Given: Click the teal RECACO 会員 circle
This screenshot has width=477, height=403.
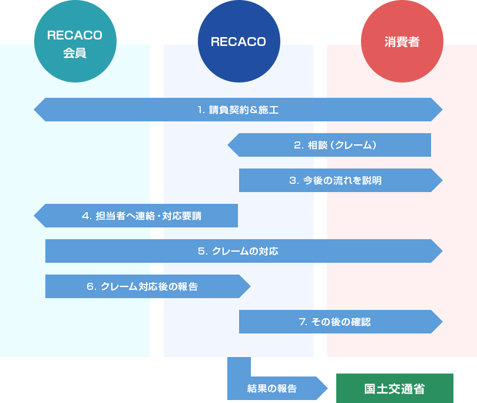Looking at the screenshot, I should pyautogui.click(x=75, y=42).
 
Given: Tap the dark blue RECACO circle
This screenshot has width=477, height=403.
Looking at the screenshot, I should pyautogui.click(x=238, y=42).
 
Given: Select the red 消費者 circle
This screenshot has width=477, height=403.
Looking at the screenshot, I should pyautogui.click(x=402, y=42).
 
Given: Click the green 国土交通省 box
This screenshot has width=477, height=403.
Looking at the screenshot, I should pyautogui.click(x=395, y=388).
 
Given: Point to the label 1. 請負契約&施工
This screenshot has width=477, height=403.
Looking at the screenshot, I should pyautogui.click(x=238, y=110).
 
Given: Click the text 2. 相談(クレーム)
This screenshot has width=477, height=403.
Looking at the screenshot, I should pyautogui.click(x=334, y=145).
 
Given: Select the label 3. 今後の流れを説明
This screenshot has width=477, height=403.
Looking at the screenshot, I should pyautogui.click(x=335, y=180).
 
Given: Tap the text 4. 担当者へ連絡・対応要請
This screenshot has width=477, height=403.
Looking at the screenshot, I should pyautogui.click(x=141, y=216).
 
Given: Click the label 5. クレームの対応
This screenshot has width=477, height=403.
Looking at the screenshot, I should pyautogui.click(x=238, y=251).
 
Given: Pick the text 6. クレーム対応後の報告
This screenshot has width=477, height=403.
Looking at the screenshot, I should pyautogui.click(x=142, y=286).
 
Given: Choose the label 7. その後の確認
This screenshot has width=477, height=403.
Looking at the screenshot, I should pyautogui.click(x=334, y=322).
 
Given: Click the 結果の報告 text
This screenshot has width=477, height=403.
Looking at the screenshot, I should pyautogui.click(x=272, y=389).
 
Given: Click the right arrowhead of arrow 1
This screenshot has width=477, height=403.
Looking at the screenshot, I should pyautogui.click(x=437, y=110).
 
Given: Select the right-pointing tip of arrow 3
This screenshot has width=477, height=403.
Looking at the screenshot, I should pyautogui.click(x=437, y=180).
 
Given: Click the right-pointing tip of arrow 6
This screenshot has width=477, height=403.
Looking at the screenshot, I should pyautogui.click(x=245, y=286).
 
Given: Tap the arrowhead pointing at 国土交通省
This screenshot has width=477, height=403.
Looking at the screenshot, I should pyautogui.click(x=322, y=388).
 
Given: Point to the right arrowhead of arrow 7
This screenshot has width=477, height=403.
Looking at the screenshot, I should pyautogui.click(x=437, y=322).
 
